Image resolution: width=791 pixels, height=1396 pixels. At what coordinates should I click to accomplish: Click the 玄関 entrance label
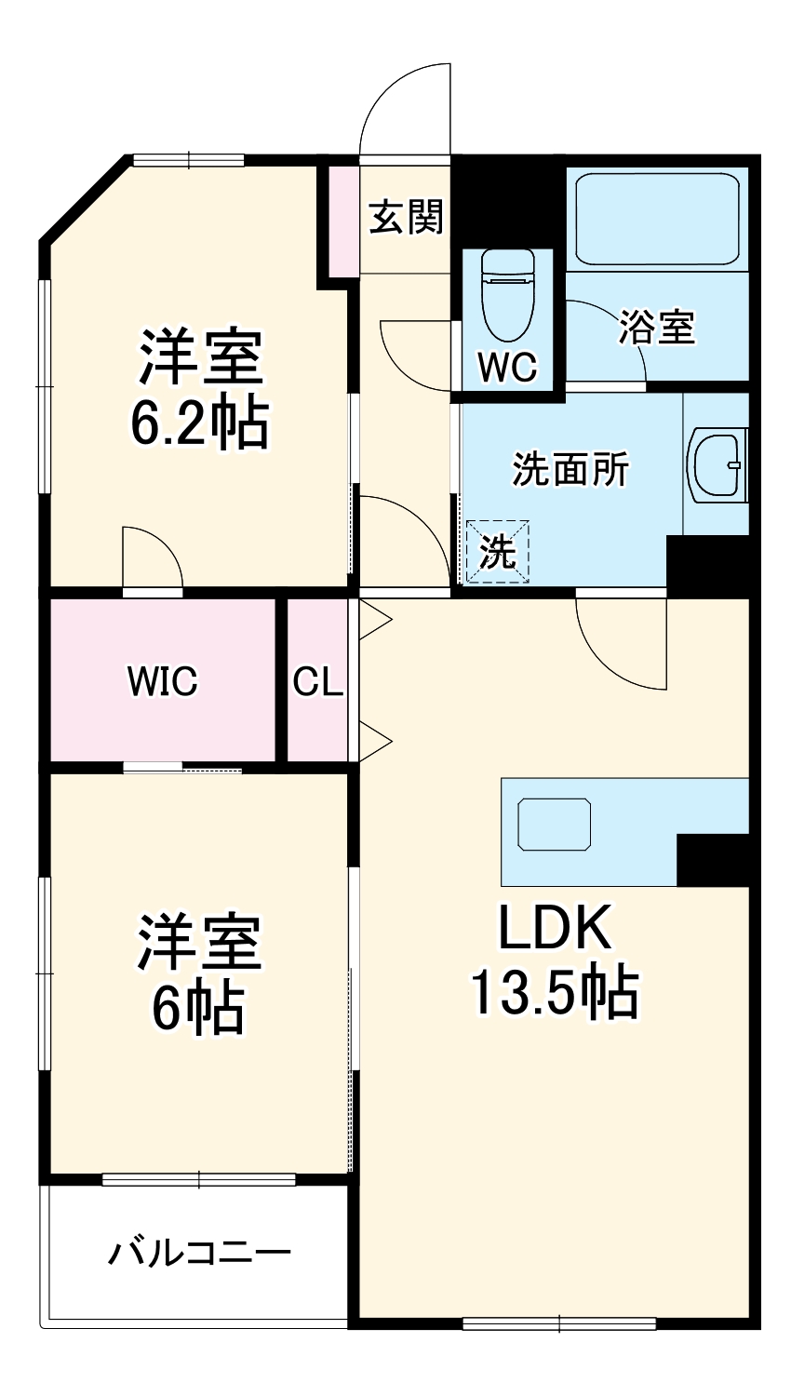[406, 218]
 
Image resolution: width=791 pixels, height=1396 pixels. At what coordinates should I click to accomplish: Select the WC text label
[507, 368]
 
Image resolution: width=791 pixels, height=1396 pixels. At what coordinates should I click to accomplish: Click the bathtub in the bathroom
[657, 220]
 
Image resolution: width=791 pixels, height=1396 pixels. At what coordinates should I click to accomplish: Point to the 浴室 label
[657, 327]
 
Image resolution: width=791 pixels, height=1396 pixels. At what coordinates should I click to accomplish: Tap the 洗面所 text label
[570, 469]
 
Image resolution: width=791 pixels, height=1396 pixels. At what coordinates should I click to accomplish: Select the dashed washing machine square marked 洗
[497, 552]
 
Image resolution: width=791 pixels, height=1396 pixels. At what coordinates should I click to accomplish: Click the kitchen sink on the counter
[555, 824]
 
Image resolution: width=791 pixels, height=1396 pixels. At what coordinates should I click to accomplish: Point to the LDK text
[555, 927]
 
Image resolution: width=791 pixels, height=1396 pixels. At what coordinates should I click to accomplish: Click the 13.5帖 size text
[555, 993]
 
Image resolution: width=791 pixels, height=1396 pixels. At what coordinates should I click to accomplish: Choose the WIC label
[163, 681]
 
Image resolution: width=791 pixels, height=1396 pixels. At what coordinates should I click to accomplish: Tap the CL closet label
[318, 681]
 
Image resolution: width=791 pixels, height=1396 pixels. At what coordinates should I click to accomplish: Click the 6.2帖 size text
[199, 423]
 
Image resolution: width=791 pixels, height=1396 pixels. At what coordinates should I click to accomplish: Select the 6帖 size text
[199, 1008]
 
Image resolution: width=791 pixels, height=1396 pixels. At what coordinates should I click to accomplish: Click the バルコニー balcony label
[199, 1252]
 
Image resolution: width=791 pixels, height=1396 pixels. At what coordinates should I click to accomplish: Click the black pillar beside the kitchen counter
[712, 860]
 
